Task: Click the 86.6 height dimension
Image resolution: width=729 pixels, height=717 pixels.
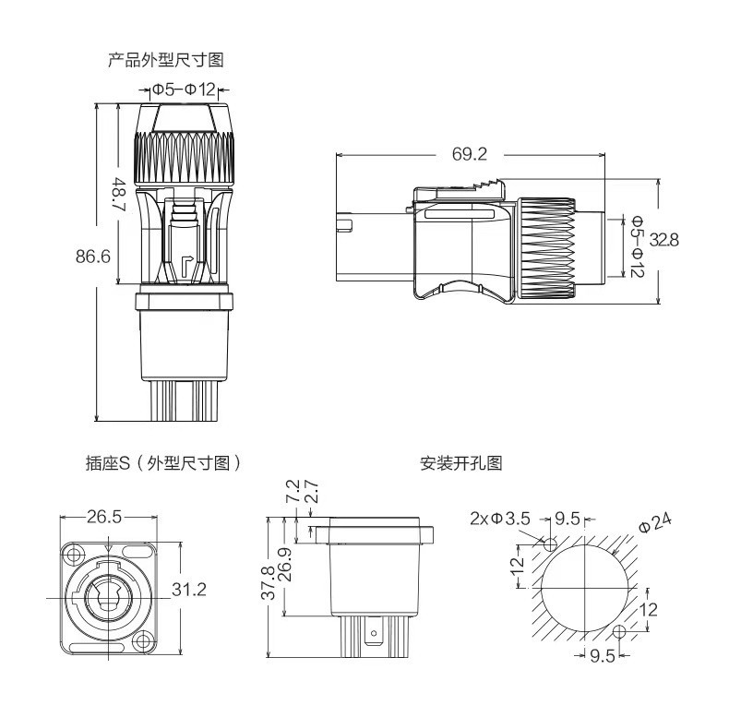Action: (x=93, y=257)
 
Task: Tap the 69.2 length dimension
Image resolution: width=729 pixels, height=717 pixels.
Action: (x=469, y=154)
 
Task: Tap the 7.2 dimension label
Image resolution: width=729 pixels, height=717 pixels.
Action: (x=292, y=492)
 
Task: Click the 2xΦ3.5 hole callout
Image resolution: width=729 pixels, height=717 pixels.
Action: (x=499, y=519)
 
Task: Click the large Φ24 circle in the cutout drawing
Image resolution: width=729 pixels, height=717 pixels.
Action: (x=585, y=588)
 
